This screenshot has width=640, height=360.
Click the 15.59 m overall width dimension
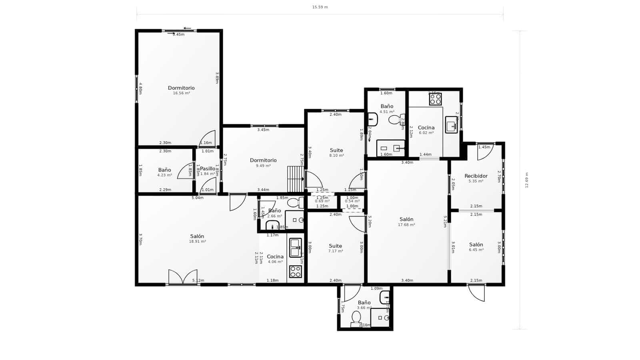[320, 7]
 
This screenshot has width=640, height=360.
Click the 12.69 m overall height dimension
[526, 180]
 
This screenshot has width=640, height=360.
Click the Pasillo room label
[208, 169]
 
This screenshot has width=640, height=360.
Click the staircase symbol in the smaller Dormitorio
[296, 179]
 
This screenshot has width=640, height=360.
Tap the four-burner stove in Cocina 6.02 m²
[435, 99]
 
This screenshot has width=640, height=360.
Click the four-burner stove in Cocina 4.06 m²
[296, 272]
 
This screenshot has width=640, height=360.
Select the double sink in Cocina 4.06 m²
[296, 248]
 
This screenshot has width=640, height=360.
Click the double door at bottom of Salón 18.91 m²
[183, 277]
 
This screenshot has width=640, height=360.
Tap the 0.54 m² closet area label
[352, 201]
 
